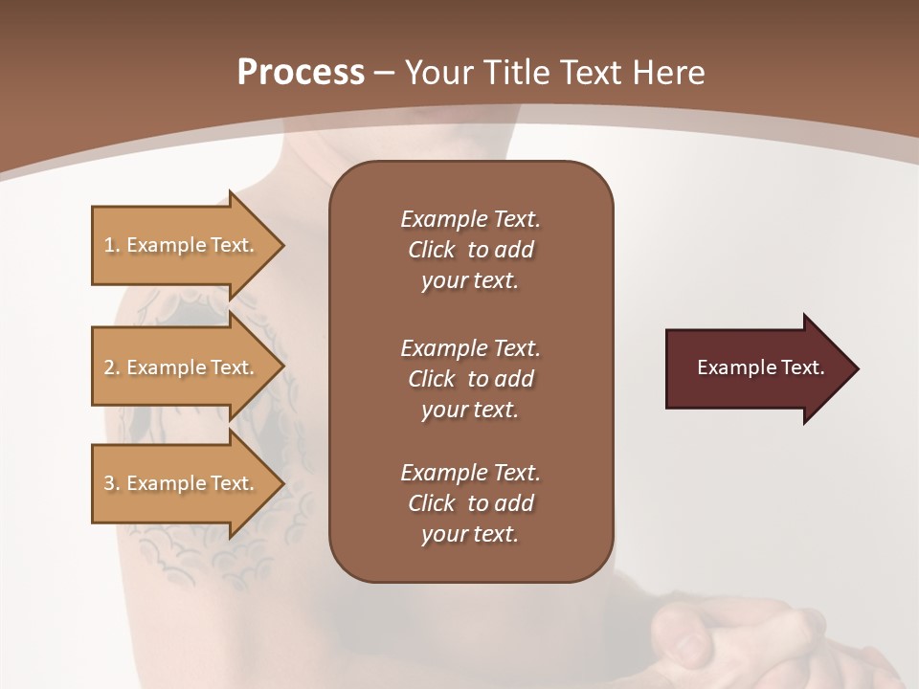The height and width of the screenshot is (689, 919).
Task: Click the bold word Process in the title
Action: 301,73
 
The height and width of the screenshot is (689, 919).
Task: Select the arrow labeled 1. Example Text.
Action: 180,245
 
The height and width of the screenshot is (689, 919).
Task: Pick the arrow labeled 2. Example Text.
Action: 180,367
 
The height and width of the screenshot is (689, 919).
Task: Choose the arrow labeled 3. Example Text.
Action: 180,483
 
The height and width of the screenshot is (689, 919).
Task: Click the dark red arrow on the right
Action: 756,368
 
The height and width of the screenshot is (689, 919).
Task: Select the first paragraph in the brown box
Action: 470,250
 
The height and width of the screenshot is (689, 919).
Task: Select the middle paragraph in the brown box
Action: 470,379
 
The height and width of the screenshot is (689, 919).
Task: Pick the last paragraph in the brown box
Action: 470,503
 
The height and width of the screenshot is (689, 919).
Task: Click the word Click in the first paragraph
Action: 432,250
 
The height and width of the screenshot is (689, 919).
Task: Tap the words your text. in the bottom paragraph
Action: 470,535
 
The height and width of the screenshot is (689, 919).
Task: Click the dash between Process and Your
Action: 385,74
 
